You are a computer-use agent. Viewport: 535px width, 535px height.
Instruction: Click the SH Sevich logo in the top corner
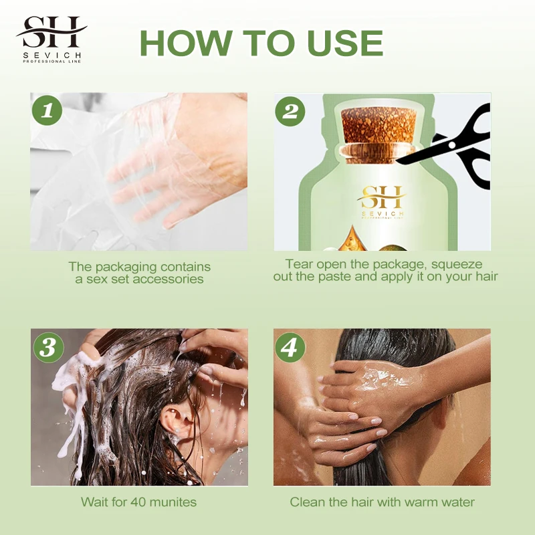coord(51,39)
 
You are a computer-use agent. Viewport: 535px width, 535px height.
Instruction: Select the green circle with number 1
coord(47,110)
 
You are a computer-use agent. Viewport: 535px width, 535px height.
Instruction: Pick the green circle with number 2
coord(290,110)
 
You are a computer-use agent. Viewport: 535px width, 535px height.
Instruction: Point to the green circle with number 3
coord(47,346)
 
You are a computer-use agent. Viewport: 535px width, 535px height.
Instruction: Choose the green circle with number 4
coord(290,346)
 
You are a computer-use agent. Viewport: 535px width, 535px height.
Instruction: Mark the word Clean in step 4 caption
coord(306,502)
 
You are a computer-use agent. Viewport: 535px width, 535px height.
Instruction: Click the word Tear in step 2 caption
coord(298,264)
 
